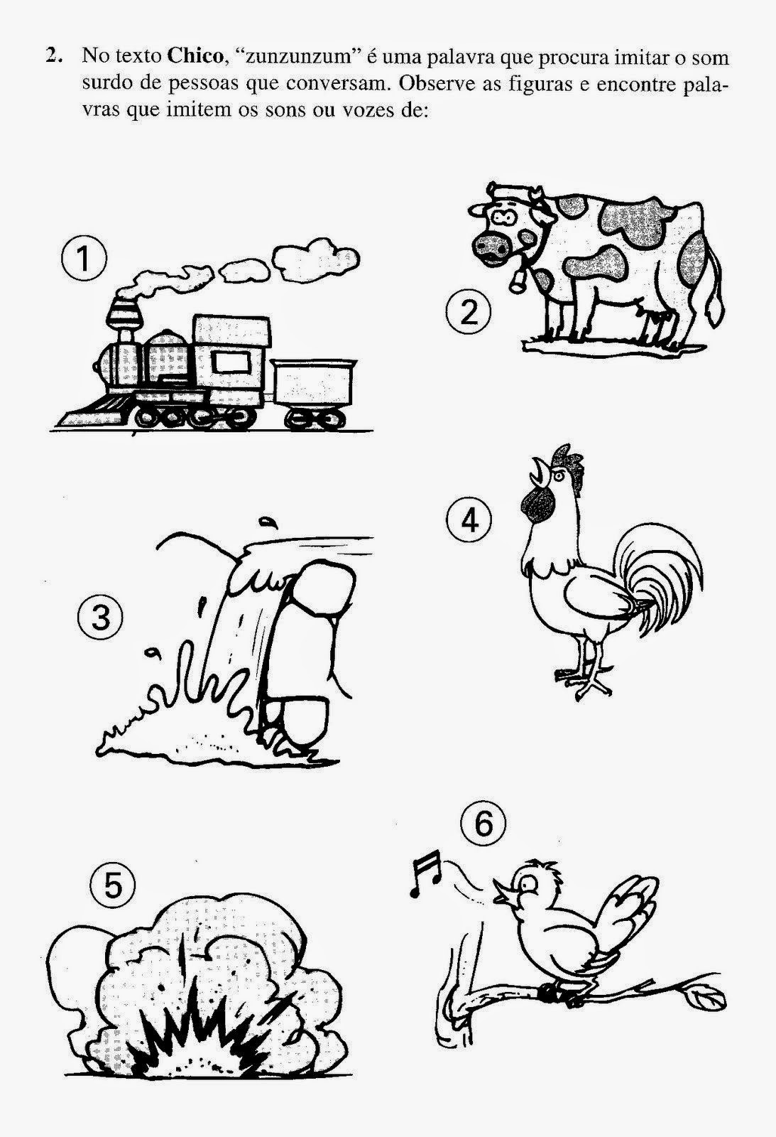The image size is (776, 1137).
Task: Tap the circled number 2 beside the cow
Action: click(x=469, y=313)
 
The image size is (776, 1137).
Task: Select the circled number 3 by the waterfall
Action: click(x=100, y=618)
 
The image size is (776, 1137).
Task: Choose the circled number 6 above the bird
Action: click(x=484, y=824)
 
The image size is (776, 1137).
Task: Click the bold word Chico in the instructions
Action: click(x=195, y=56)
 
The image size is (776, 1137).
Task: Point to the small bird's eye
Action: click(x=530, y=884)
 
